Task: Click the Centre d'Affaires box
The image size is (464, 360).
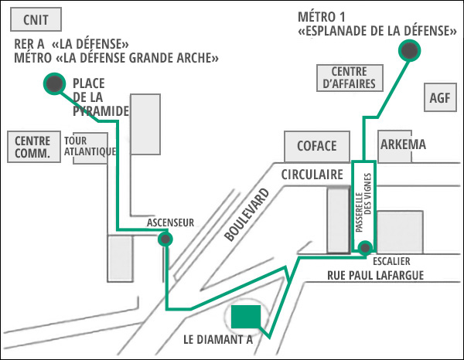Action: (x=347, y=77)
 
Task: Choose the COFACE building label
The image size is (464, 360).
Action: (x=317, y=145)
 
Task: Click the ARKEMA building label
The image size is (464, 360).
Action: (x=404, y=145)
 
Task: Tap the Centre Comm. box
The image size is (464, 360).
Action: (x=32, y=147)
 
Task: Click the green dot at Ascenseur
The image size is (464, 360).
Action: (x=164, y=239)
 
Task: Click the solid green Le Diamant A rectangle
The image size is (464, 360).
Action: (x=246, y=317)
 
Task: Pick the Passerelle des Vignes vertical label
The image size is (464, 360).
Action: (x=363, y=205)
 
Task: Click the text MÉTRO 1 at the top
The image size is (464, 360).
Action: (x=322, y=16)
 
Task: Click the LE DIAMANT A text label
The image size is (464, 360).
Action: (x=218, y=340)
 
